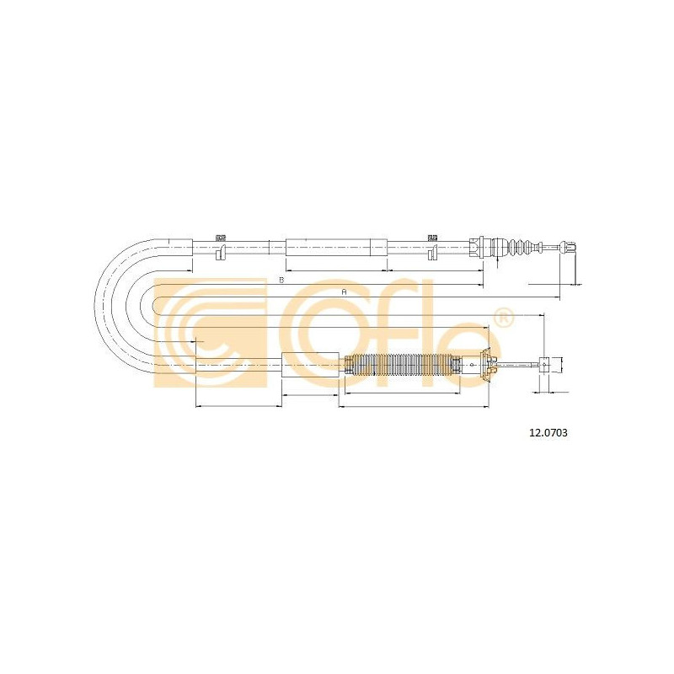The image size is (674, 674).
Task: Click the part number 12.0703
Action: click(x=548, y=433)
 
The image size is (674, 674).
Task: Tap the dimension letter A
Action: click(x=344, y=292)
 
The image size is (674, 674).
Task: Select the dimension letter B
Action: click(x=281, y=281)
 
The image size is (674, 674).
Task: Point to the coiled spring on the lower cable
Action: click(x=400, y=365)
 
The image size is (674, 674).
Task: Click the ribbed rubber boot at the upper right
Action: click(x=519, y=247)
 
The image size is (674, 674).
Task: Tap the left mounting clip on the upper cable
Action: click(x=221, y=248)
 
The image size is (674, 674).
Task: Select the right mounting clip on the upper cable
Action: click(x=432, y=248)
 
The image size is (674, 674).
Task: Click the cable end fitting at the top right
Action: click(x=567, y=247)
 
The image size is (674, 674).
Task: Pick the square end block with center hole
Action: click(x=544, y=365)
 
